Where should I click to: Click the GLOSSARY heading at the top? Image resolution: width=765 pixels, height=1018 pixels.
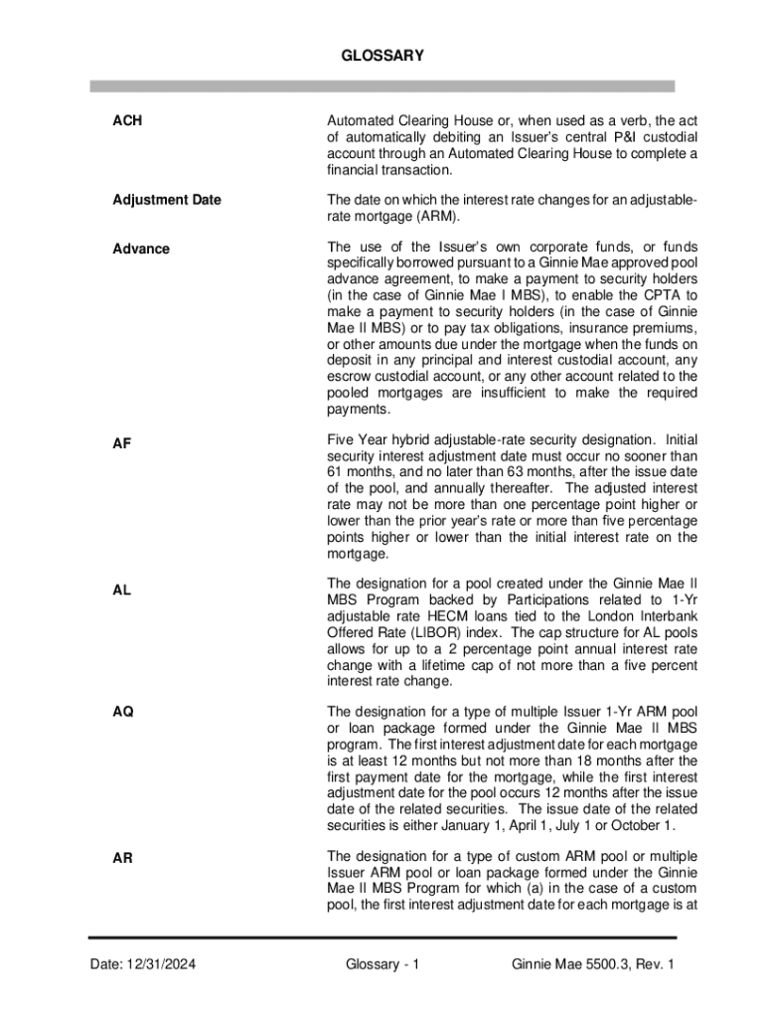click(x=382, y=57)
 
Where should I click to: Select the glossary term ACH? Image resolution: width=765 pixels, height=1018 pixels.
click(x=127, y=120)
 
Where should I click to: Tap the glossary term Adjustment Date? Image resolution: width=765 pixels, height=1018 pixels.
click(x=166, y=200)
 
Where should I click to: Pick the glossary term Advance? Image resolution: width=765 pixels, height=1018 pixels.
click(x=140, y=249)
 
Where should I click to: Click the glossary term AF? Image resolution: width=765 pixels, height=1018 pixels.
click(x=121, y=444)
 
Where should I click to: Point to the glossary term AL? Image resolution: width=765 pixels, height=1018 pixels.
click(x=121, y=590)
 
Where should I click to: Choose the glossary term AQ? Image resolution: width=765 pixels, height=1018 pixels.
click(x=123, y=712)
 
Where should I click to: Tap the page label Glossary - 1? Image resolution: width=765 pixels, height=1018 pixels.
click(x=382, y=964)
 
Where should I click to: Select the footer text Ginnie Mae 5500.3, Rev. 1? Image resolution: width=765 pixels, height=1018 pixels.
click(x=592, y=964)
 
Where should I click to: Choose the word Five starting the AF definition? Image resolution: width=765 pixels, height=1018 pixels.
click(x=343, y=439)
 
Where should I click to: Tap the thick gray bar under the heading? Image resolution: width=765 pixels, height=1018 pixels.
click(x=382, y=86)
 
